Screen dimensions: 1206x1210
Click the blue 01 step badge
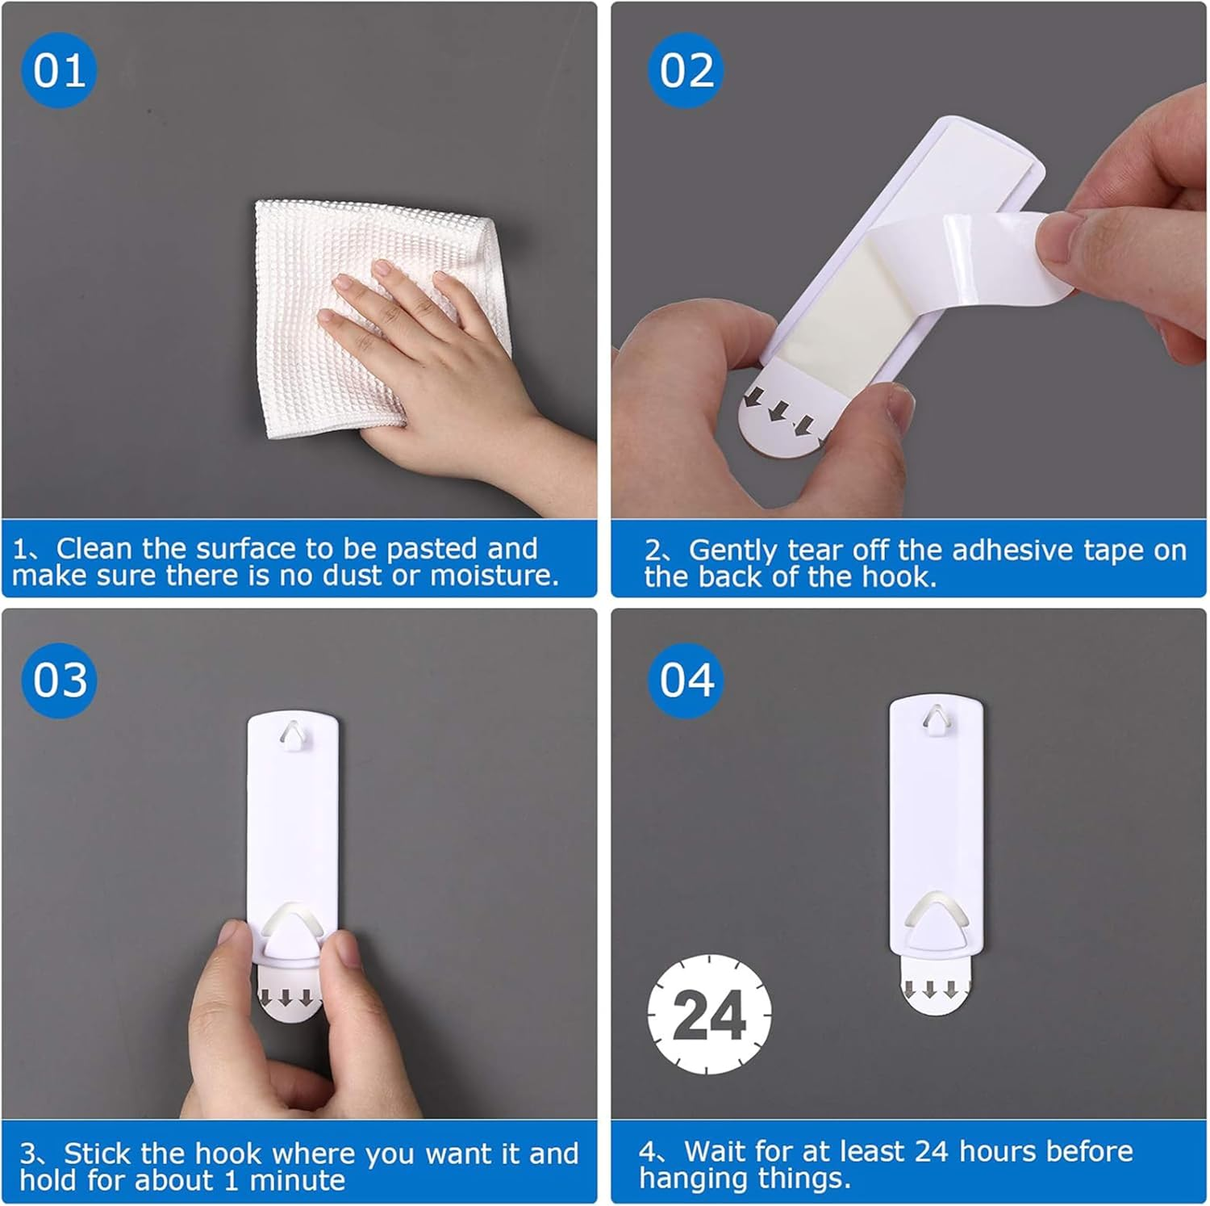click(59, 70)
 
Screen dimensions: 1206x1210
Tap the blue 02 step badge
click(686, 70)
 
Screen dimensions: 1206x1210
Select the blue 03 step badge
click(59, 680)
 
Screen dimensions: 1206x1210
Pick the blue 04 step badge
click(686, 680)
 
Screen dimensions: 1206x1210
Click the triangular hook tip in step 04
click(936, 928)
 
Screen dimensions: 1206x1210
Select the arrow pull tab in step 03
click(287, 1001)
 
